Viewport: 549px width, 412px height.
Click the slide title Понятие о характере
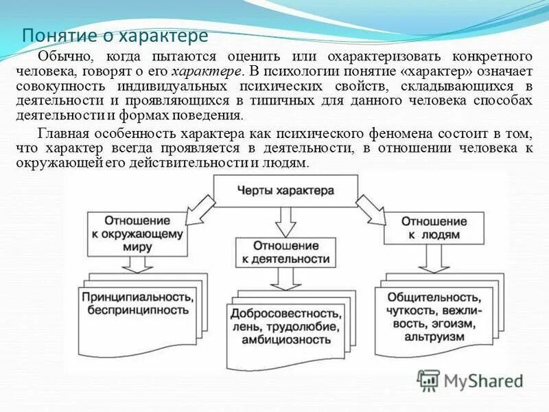115,35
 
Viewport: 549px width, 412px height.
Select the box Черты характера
285,190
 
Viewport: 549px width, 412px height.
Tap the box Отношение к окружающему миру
145,233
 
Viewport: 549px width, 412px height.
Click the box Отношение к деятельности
285,252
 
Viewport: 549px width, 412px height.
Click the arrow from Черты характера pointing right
369,208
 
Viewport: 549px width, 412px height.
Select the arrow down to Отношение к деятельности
285,220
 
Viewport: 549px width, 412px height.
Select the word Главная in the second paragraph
62,134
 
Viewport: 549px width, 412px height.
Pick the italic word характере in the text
206,71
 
